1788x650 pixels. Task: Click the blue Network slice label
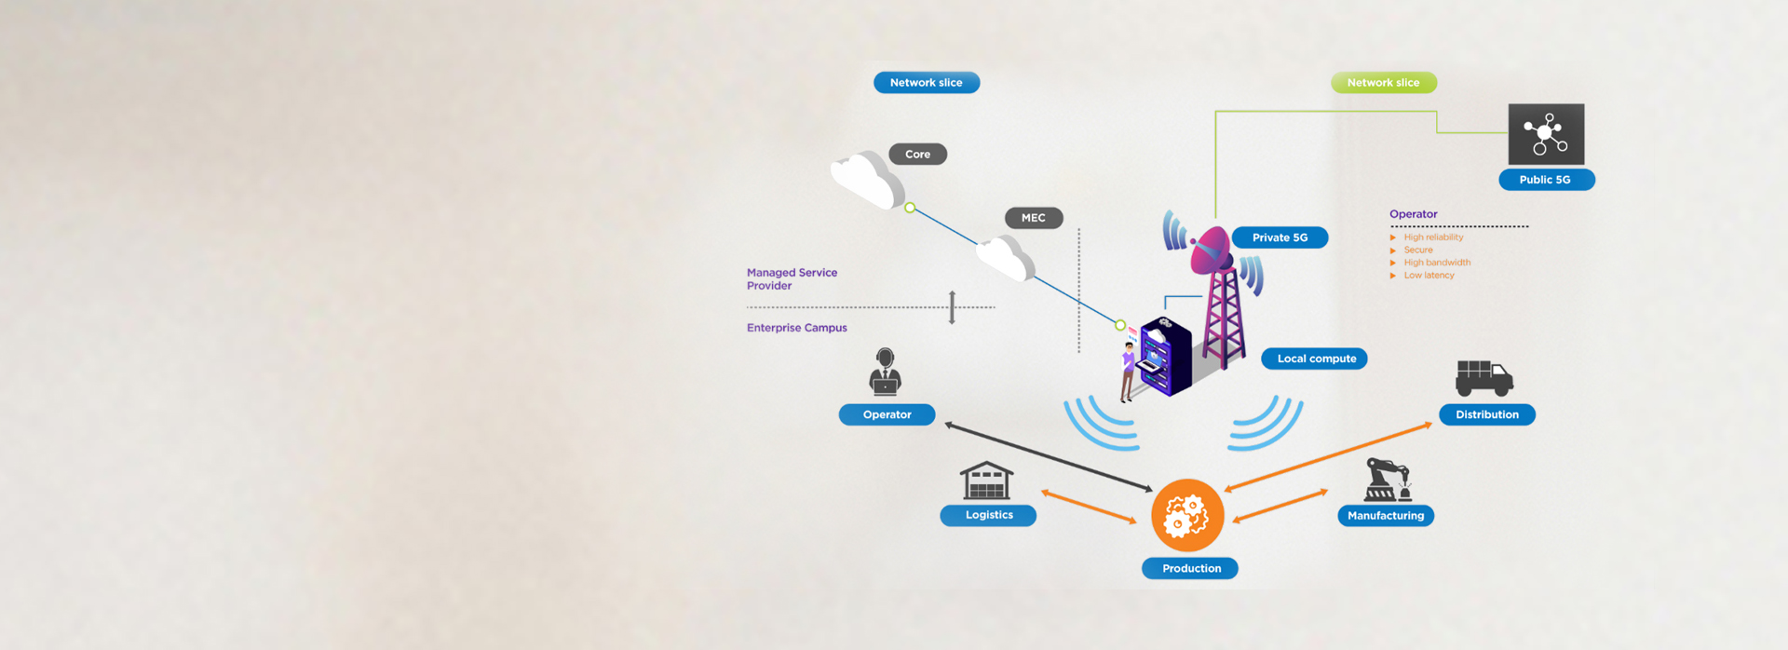coord(926,83)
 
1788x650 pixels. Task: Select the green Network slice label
coord(1383,83)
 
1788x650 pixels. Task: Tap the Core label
coord(917,155)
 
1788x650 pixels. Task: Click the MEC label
coord(1033,218)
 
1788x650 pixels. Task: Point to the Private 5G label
coord(1280,237)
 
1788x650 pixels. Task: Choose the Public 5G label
coord(1545,180)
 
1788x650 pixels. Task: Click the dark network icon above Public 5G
coord(1545,134)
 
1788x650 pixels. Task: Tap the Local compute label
coord(1316,359)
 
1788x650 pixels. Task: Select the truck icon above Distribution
coord(1483,378)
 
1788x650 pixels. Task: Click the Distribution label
coord(1486,414)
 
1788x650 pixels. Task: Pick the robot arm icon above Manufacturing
coord(1387,480)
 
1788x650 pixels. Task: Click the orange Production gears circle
coord(1187,515)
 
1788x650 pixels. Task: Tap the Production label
coord(1190,568)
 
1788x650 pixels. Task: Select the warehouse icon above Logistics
coord(986,481)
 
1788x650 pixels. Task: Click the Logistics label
coord(988,515)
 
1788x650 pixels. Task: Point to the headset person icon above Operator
coord(885,372)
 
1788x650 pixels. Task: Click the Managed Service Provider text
coord(792,279)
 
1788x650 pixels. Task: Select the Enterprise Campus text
coord(796,328)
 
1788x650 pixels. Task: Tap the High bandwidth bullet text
coord(1437,263)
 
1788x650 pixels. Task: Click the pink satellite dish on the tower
coord(1211,250)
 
